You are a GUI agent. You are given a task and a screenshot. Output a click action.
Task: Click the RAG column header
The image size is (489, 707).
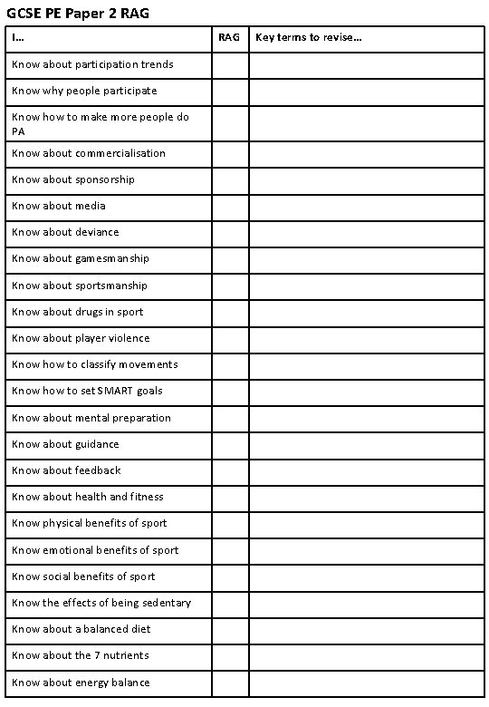pos(230,38)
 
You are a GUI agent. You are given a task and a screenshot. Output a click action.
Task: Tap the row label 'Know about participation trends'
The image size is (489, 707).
pos(92,65)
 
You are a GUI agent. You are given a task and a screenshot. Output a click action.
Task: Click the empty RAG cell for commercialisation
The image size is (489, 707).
pos(230,154)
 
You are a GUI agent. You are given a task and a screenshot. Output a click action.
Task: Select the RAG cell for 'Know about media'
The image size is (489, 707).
pos(230,207)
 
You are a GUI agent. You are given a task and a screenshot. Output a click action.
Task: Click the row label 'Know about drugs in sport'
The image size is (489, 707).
pos(78,312)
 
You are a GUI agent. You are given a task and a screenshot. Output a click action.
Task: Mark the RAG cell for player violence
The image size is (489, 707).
pos(230,338)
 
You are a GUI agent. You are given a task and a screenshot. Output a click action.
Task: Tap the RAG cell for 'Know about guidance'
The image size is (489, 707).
pos(230,444)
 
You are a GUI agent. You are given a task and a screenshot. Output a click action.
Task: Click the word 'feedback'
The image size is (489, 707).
pos(98,470)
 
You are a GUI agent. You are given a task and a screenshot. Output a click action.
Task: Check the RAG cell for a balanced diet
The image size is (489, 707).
pos(230,629)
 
